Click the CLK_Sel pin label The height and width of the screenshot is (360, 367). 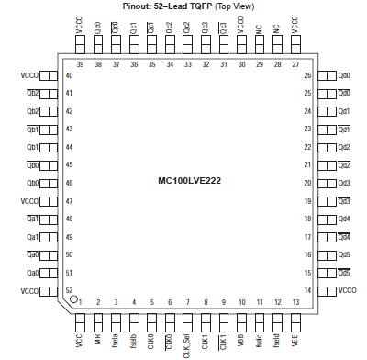tap(187, 345)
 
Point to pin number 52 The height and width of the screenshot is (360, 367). tap(69, 290)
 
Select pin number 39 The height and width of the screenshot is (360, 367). tap(80, 64)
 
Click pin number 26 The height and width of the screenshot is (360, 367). tap(308, 75)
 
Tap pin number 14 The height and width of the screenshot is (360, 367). tap(308, 290)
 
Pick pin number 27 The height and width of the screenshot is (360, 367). tap(295, 64)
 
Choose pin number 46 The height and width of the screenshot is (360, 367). tap(69, 183)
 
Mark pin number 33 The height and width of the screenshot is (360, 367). tap(187, 64)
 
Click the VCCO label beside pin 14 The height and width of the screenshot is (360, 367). tap(348, 290)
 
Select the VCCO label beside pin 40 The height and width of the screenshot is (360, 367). tap(28, 75)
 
